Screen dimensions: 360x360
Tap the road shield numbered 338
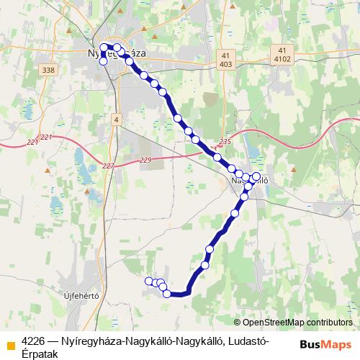[48, 69]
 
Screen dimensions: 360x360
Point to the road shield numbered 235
[225, 143]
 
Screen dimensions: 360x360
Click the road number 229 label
[146, 160]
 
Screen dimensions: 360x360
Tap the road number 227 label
[108, 166]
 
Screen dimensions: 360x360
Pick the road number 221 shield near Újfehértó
[47, 137]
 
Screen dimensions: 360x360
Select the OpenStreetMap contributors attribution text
[297, 323]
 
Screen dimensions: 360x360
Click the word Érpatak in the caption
[42, 353]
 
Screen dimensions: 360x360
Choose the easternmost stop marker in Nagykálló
[256, 176]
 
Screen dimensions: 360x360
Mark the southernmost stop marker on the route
[167, 293]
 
